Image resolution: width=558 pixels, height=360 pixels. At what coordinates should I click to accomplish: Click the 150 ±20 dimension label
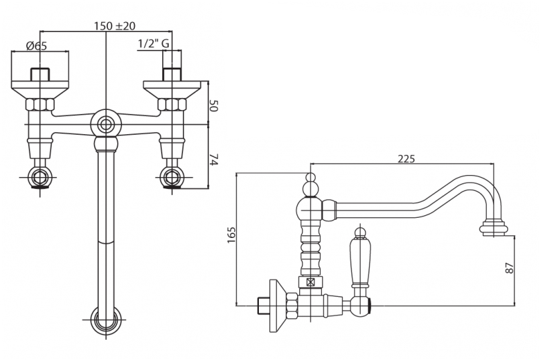(x=115, y=25)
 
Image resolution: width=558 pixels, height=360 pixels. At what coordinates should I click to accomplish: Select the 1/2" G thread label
(x=153, y=44)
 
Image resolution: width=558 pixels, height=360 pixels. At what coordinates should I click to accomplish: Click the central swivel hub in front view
(x=106, y=124)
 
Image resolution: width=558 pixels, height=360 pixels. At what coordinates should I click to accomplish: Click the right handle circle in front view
(x=172, y=178)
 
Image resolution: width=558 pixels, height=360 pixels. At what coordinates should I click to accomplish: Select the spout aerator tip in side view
(x=494, y=229)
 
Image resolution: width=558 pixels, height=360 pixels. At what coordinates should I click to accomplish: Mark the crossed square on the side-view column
(x=311, y=283)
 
